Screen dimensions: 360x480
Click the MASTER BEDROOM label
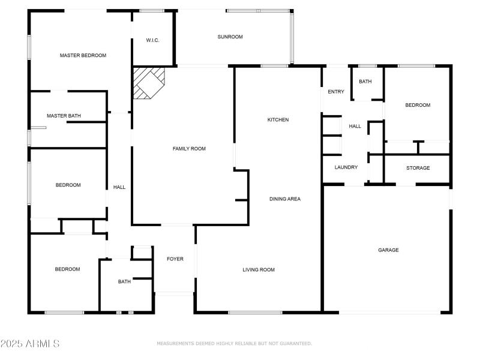83,55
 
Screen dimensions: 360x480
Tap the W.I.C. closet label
152,41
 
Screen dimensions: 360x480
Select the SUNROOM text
230,37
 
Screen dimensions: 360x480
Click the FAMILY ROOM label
189,148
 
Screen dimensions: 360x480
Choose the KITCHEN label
278,120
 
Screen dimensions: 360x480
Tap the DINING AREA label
284,199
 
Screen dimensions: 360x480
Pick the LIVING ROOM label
259,269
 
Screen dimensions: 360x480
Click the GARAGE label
388,250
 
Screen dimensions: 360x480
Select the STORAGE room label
418,168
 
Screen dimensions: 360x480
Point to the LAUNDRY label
346,167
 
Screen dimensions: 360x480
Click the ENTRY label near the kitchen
336,92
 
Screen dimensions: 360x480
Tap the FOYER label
175,259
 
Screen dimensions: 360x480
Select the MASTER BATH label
64,116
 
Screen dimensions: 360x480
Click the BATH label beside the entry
365,82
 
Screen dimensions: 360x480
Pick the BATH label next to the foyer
124,281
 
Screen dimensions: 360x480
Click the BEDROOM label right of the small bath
418,105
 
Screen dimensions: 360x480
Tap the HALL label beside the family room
119,187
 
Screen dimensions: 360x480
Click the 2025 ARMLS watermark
30,344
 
